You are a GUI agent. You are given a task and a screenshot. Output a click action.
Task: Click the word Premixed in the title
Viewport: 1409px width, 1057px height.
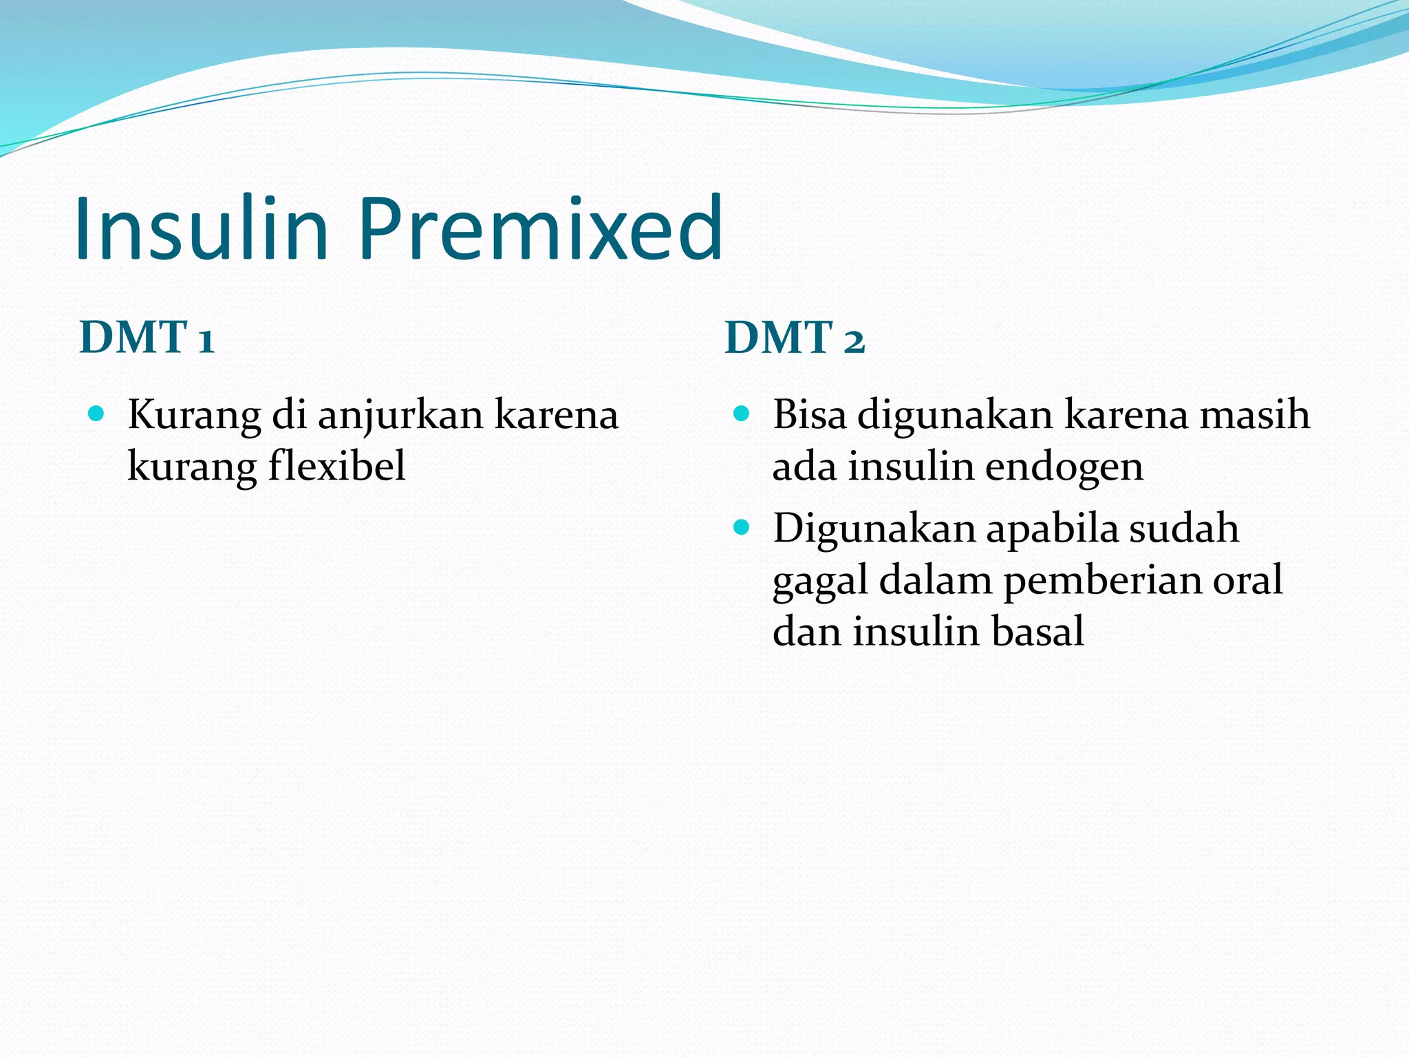[x=539, y=228]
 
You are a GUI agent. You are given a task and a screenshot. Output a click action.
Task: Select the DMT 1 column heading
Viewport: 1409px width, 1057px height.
[x=147, y=338]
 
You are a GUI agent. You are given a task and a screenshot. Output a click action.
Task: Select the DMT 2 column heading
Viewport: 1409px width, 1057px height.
[x=795, y=338]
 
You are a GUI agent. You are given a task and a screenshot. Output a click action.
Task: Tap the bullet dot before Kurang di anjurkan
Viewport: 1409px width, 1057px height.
[x=96, y=414]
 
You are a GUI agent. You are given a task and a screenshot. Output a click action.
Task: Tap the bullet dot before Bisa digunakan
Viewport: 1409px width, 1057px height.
[x=741, y=414]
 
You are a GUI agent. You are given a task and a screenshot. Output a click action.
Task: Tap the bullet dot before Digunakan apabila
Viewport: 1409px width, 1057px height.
[x=741, y=528]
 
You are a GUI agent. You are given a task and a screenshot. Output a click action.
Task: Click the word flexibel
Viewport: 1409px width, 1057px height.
[x=336, y=466]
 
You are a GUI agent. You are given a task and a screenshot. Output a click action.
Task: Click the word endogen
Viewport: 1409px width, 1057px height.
[x=1064, y=466]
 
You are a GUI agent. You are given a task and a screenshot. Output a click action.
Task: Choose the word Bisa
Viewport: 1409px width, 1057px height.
[x=809, y=414]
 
